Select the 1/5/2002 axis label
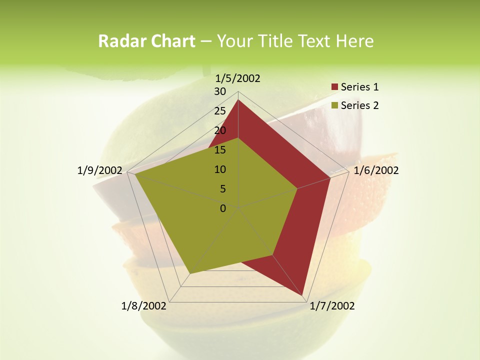tap(237, 78)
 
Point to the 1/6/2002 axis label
tap(376, 170)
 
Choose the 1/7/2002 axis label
tap(332, 306)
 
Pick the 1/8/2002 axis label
tap(143, 306)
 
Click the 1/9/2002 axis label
tap(99, 170)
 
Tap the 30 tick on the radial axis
tap(220, 91)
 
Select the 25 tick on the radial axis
tap(220, 111)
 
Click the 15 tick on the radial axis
tap(220, 150)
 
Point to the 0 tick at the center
tap(223, 208)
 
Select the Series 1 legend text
tap(359, 87)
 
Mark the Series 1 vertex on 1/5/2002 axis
tap(238, 99)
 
